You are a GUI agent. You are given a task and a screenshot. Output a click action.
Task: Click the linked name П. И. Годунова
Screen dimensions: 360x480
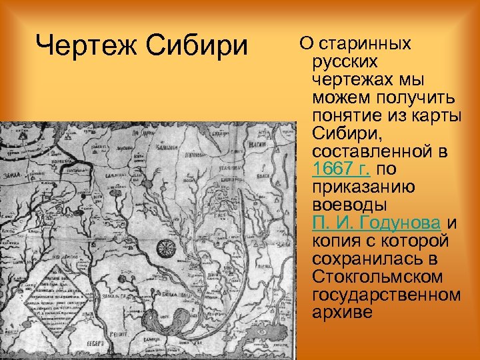(375, 222)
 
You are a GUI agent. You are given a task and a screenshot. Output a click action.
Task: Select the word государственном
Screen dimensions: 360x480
(385, 293)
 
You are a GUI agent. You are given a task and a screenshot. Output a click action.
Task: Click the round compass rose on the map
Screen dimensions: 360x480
(165, 249)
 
